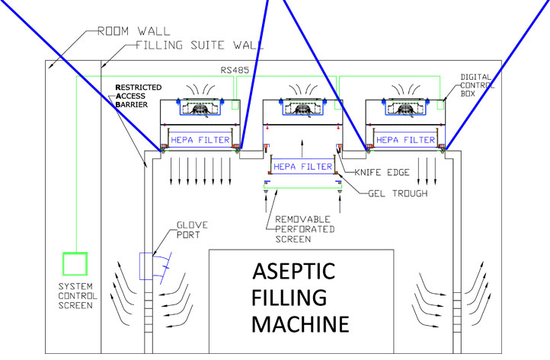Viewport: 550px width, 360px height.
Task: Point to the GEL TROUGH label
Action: point(389,193)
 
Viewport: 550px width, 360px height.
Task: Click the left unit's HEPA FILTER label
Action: point(200,139)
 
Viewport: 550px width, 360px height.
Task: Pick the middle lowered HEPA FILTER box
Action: point(302,167)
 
